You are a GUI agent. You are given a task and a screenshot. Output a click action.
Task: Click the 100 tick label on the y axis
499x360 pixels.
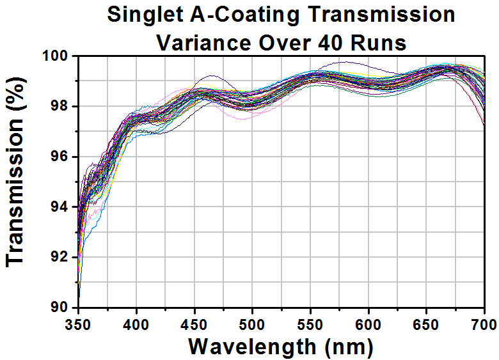59,57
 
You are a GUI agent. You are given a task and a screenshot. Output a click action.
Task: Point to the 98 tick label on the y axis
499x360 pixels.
64,107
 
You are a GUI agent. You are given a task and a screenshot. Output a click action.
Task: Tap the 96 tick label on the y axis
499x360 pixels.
64,157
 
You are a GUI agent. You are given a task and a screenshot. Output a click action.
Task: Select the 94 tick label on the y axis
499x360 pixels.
64,207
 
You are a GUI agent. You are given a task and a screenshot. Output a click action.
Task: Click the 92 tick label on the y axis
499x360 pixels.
64,258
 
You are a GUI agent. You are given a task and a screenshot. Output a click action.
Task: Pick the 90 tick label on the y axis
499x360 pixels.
64,308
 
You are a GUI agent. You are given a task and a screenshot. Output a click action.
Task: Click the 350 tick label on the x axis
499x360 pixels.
78,325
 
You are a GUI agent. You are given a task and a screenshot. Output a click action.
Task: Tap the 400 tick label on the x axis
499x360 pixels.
136,325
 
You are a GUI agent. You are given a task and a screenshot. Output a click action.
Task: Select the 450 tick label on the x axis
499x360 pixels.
194,325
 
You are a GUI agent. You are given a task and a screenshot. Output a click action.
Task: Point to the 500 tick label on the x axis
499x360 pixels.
252,325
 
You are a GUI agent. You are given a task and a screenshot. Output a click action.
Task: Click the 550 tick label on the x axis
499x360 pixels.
311,325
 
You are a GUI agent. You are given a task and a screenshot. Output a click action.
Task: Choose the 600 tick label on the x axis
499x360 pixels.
368,325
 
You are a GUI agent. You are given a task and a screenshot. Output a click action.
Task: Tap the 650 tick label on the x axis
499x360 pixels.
427,325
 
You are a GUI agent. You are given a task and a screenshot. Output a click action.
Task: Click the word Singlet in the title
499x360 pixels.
145,15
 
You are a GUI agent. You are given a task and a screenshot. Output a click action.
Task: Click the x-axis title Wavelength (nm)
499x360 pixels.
281,347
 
